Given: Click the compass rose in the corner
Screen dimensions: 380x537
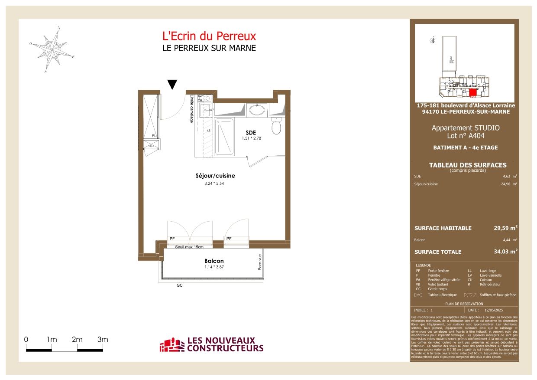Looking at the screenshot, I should click(x=52, y=49).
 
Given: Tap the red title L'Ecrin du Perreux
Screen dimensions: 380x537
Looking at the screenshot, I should click(x=209, y=36).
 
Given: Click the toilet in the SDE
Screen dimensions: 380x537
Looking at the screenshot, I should click(x=277, y=128).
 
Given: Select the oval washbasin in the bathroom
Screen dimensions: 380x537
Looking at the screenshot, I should click(x=257, y=110).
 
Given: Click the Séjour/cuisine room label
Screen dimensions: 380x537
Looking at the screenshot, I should click(x=215, y=176).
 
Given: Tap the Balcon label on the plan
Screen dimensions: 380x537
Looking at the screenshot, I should click(x=214, y=261).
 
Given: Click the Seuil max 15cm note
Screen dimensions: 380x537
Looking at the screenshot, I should click(x=190, y=247).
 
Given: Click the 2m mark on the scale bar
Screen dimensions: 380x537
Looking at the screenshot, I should click(x=77, y=340).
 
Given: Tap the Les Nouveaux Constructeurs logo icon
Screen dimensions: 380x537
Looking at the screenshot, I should click(x=172, y=345).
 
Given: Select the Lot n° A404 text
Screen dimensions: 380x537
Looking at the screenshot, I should click(x=465, y=136).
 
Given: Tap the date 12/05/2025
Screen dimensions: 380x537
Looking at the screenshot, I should click(x=494, y=310).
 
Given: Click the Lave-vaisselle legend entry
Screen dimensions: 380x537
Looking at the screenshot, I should click(x=491, y=275).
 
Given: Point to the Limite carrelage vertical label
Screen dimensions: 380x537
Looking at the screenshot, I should click(x=191, y=109).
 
